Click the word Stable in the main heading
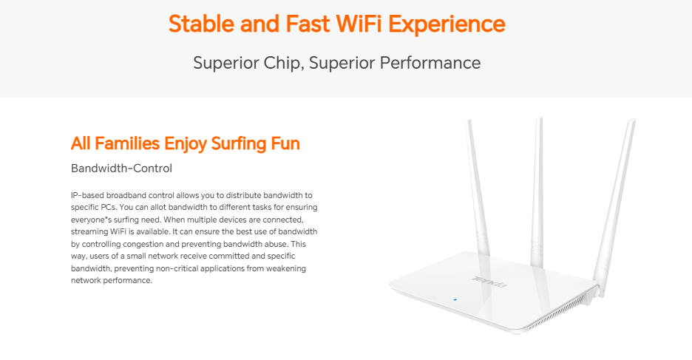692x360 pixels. click(x=201, y=24)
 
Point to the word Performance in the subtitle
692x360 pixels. click(x=430, y=63)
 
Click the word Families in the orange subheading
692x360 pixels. click(x=127, y=143)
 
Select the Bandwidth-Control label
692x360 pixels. click(x=121, y=168)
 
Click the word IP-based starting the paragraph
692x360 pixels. click(x=87, y=195)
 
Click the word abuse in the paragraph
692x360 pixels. click(x=276, y=243)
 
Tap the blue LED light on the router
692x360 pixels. click(x=455, y=300)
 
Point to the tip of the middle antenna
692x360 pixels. click(x=539, y=118)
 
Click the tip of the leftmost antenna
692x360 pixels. click(x=469, y=120)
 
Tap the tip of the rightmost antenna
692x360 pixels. click(x=632, y=120)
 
